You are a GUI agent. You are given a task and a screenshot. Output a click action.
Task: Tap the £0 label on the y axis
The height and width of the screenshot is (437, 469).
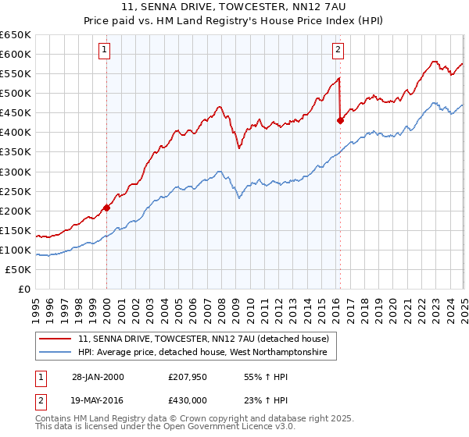coord(23,289)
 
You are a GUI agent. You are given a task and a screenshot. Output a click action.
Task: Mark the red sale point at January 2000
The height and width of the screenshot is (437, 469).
coord(107,208)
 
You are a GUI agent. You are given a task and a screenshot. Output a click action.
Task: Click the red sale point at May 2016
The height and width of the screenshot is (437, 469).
coord(340,120)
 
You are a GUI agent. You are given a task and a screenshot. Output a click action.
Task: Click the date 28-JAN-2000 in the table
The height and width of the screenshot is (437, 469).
coord(97,377)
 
